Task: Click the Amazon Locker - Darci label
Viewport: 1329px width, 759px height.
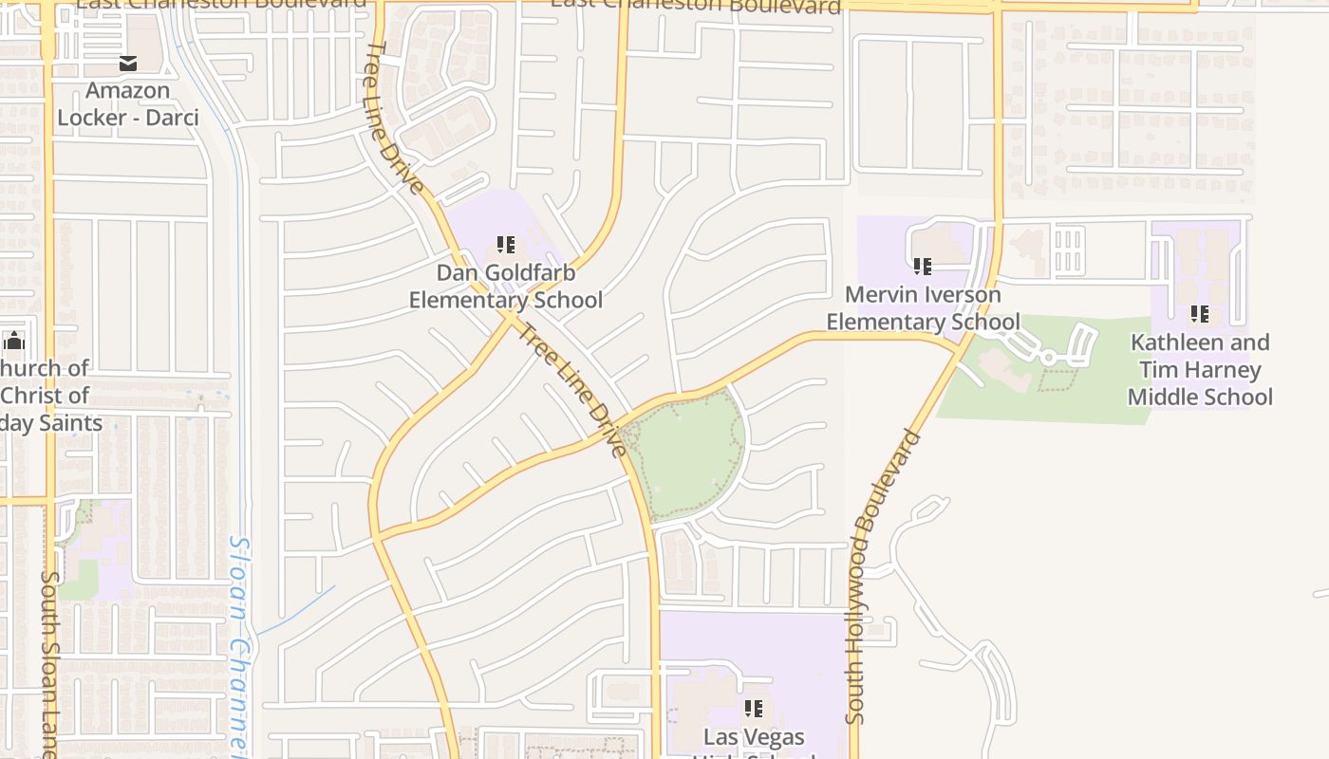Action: [128, 104]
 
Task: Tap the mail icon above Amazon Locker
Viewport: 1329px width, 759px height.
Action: [128, 64]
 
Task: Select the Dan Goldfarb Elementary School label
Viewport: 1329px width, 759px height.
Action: [506, 287]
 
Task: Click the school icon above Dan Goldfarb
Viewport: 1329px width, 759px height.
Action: [506, 246]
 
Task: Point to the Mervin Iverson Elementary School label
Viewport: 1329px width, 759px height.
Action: [923, 308]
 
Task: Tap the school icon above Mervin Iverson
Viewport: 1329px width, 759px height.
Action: [923, 267]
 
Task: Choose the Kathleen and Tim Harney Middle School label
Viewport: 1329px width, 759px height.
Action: [1200, 369]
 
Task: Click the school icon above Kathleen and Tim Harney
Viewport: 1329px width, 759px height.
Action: [1200, 313]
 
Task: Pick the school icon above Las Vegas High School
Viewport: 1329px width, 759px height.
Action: [754, 709]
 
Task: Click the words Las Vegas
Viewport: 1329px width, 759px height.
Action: [754, 737]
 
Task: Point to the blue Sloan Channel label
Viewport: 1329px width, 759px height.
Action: [243, 645]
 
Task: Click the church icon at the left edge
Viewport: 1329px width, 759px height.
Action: [13, 342]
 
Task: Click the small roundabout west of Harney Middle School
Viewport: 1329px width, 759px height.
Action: [1048, 358]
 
